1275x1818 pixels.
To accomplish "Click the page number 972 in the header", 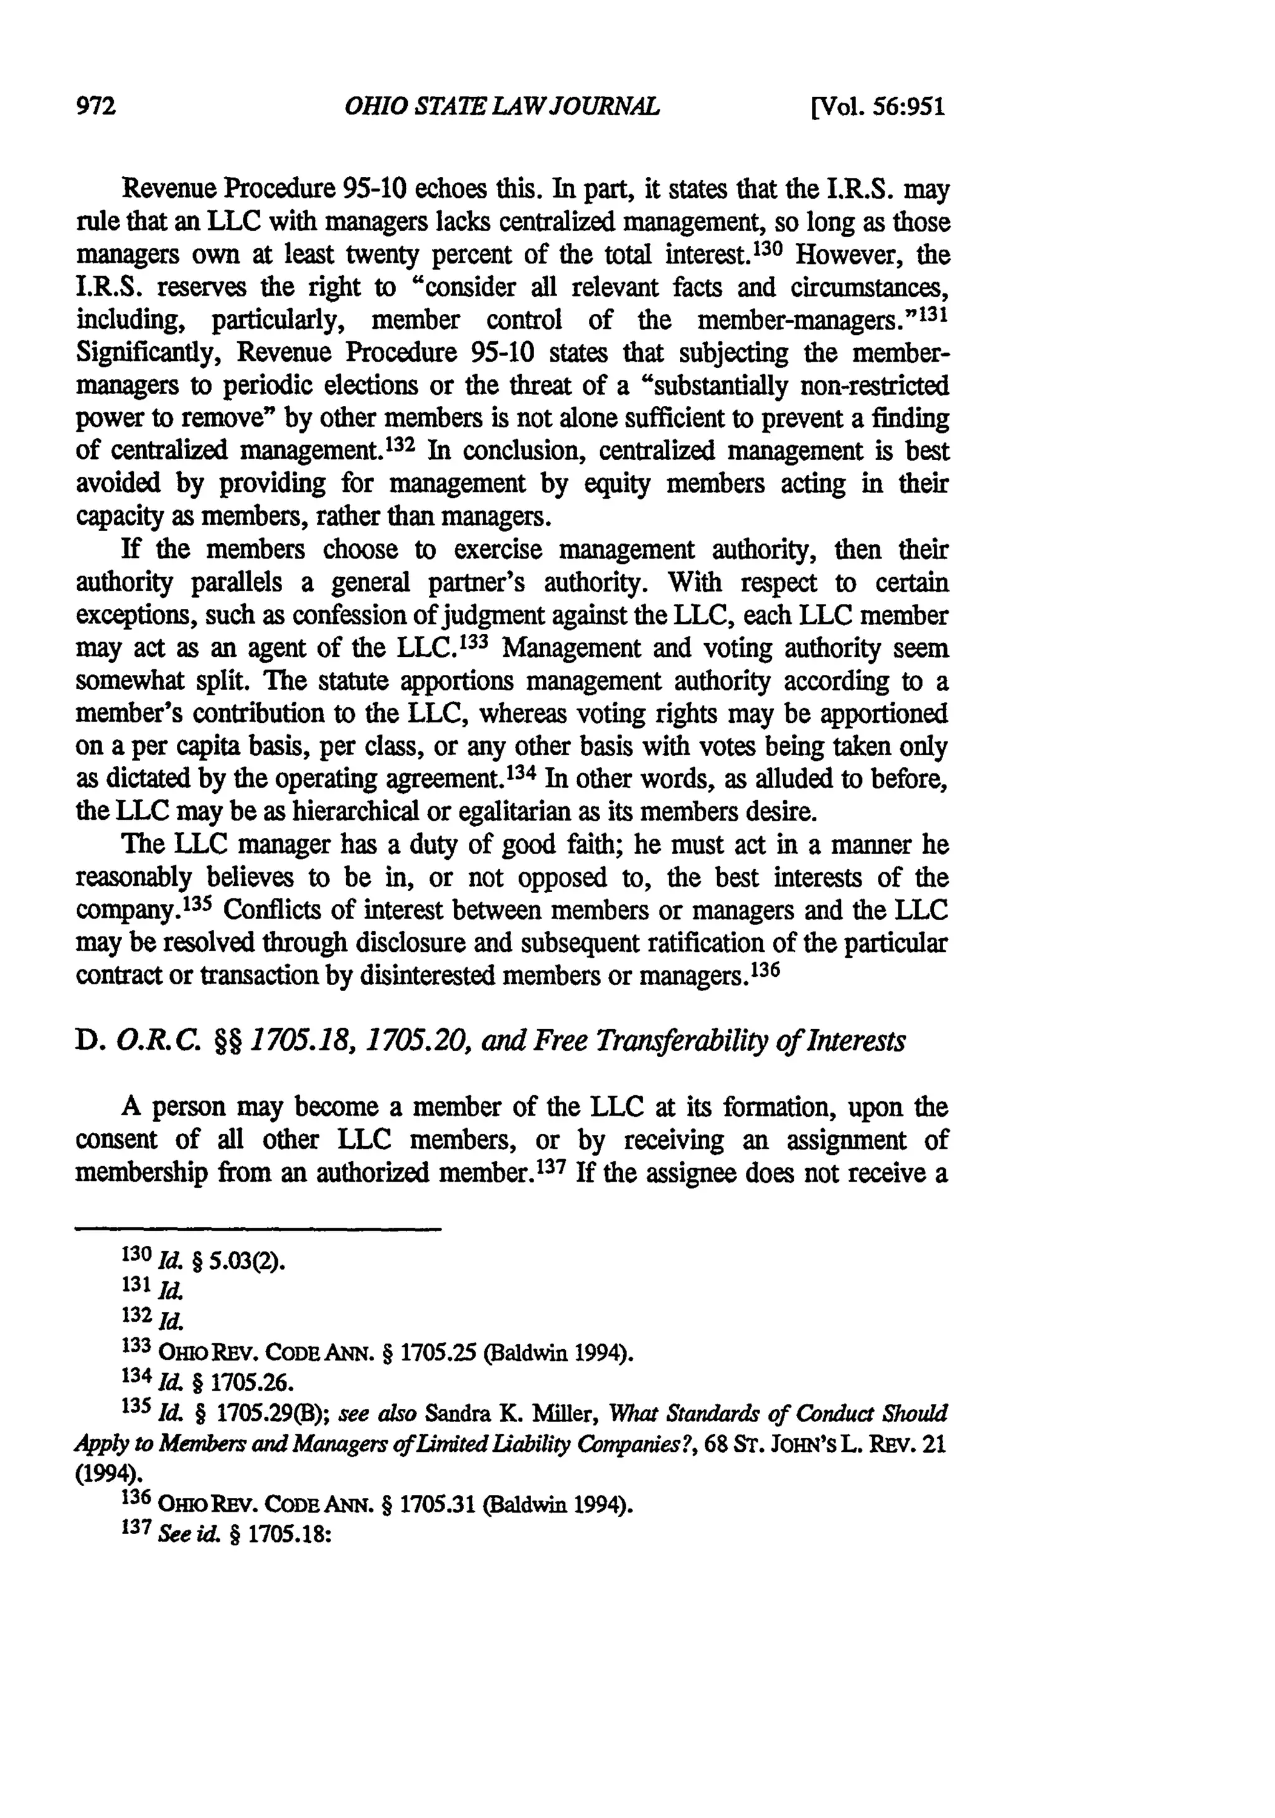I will pyautogui.click(x=96, y=106).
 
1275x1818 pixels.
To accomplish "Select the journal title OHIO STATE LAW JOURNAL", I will pyautogui.click(x=501, y=106).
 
